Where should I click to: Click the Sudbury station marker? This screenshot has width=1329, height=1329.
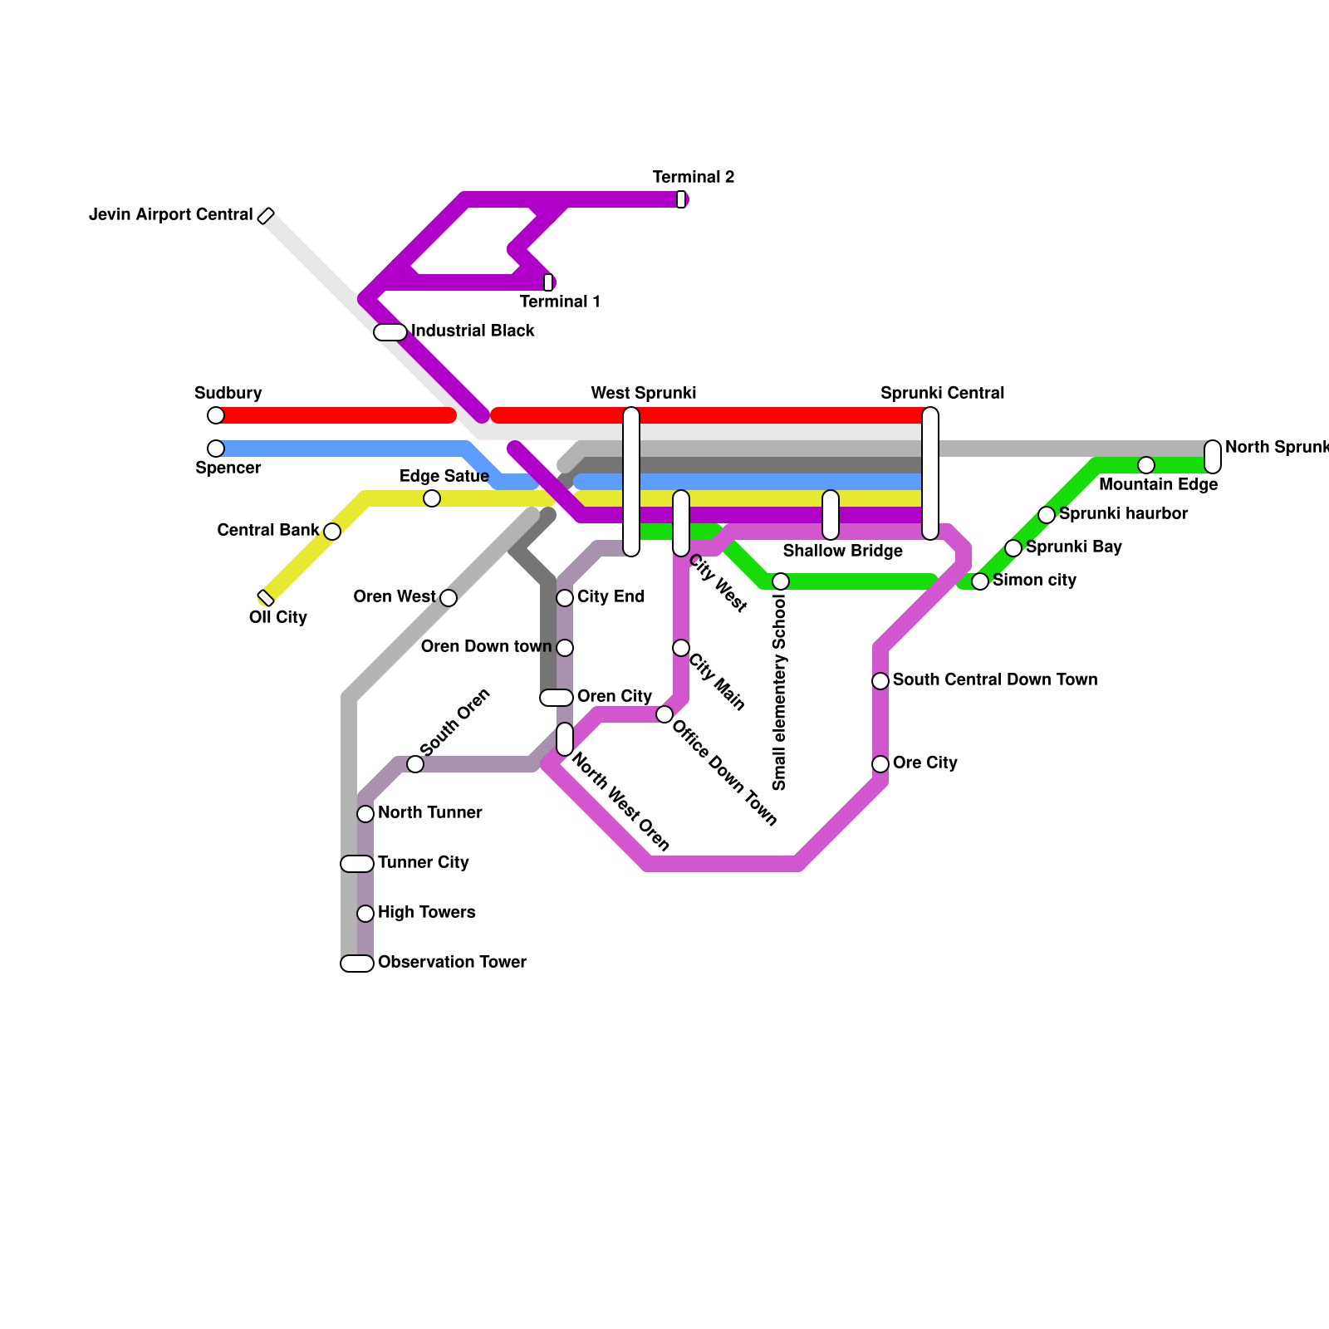pyautogui.click(x=216, y=415)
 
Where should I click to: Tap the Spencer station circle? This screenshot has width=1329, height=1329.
pyautogui.click(x=216, y=449)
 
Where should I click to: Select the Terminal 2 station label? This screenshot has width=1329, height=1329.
pyautogui.click(x=693, y=177)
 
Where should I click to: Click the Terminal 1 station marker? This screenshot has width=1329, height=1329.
pyautogui.click(x=548, y=282)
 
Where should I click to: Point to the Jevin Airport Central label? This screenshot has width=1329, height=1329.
pyautogui.click(x=170, y=215)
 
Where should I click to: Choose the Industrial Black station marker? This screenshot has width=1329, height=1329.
pyautogui.click(x=390, y=332)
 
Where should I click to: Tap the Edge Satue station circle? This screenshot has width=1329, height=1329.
pyautogui.click(x=432, y=498)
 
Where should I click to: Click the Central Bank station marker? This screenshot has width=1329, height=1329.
pyautogui.click(x=332, y=532)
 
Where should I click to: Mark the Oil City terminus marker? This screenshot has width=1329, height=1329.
pyautogui.click(x=266, y=598)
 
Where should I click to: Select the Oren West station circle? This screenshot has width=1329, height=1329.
pyautogui.click(x=449, y=598)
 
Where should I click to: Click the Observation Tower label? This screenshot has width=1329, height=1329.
pyautogui.click(x=452, y=963)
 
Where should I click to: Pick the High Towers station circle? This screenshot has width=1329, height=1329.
pyautogui.click(x=365, y=914)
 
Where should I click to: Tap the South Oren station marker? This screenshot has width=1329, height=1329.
pyautogui.click(x=415, y=764)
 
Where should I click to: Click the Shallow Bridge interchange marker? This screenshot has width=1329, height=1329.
pyautogui.click(x=831, y=515)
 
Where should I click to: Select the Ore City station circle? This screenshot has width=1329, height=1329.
pyautogui.click(x=880, y=764)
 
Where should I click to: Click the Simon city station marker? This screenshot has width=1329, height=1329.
pyautogui.click(x=980, y=581)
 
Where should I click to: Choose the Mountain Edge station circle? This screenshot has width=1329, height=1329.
pyautogui.click(x=1146, y=465)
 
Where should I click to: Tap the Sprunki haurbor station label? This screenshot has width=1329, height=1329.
pyautogui.click(x=1123, y=514)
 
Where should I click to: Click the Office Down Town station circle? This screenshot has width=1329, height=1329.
pyautogui.click(x=664, y=714)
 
